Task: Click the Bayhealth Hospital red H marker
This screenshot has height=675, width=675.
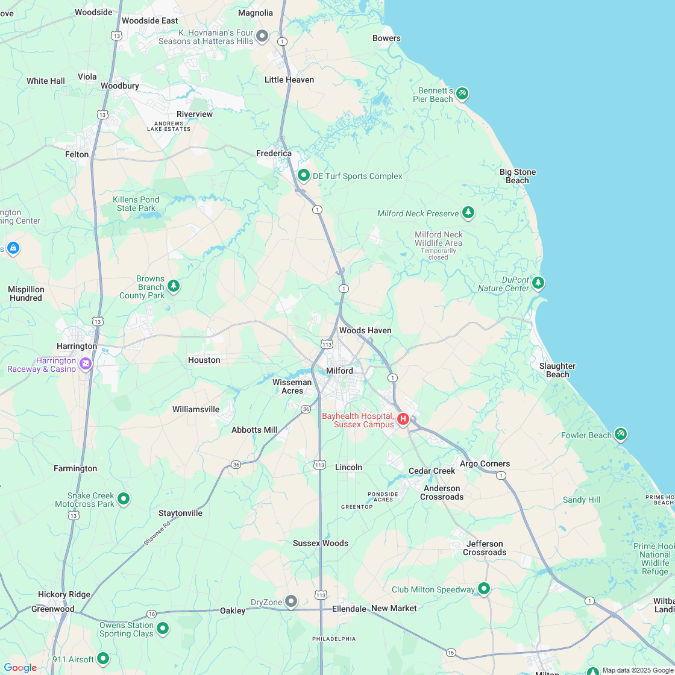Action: pyautogui.click(x=403, y=418)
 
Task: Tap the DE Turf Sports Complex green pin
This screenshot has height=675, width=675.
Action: pyautogui.click(x=304, y=175)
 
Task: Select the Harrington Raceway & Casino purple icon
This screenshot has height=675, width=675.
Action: pyautogui.click(x=86, y=363)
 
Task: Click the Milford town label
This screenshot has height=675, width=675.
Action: pyautogui.click(x=339, y=371)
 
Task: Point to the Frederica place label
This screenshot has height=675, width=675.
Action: pyautogui.click(x=274, y=154)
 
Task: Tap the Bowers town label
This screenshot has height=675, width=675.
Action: pyautogui.click(x=386, y=39)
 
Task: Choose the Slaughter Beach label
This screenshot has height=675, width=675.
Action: pyautogui.click(x=557, y=370)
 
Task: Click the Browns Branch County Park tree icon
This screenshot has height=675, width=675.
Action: pyautogui.click(x=174, y=285)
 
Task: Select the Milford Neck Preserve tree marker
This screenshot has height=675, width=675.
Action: pyautogui.click(x=468, y=212)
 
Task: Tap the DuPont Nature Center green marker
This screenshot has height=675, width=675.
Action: pyautogui.click(x=538, y=282)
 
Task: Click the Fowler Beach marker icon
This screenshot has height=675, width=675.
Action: pyautogui.click(x=621, y=434)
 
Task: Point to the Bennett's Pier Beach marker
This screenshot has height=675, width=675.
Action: pyautogui.click(x=462, y=93)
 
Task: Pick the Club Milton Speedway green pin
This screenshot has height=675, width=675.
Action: pyautogui.click(x=484, y=588)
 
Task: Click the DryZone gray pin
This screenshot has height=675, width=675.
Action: pyautogui.click(x=291, y=601)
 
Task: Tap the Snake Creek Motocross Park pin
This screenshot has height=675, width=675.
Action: pyautogui.click(x=124, y=498)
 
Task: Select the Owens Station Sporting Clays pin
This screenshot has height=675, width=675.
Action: pyautogui.click(x=163, y=629)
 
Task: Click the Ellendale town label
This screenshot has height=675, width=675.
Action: pyautogui.click(x=349, y=609)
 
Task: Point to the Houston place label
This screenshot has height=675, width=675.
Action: pyautogui.click(x=204, y=360)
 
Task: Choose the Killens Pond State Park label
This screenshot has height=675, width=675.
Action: pyautogui.click(x=136, y=204)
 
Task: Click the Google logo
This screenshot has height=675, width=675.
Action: pyautogui.click(x=20, y=667)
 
